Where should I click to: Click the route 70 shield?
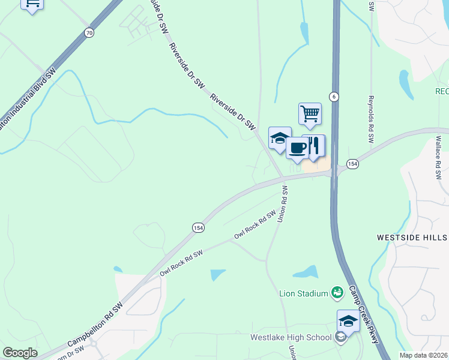89,33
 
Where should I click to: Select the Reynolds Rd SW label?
371,119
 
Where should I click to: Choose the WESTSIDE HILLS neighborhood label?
412,238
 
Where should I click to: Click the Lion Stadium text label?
303,293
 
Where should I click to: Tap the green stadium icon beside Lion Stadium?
337,292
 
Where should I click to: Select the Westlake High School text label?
291,337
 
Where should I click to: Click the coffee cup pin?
297,148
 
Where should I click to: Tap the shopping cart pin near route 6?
310,114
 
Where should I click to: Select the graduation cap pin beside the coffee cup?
280,139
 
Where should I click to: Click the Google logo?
20,352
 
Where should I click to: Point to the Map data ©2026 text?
423,355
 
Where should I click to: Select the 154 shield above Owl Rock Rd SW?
199,227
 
